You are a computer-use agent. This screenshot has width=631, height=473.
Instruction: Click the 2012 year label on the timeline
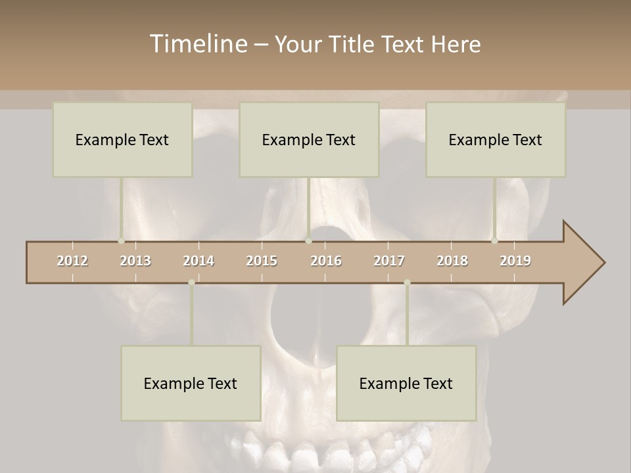click(x=72, y=261)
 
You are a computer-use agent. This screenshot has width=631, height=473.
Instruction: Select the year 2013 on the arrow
click(x=135, y=261)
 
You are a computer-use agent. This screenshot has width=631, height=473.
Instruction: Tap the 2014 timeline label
click(x=199, y=261)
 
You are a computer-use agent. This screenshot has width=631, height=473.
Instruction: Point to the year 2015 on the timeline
click(x=262, y=261)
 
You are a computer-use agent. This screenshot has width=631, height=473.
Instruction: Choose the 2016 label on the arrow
click(x=326, y=261)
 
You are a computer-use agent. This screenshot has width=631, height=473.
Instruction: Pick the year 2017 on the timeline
click(x=389, y=261)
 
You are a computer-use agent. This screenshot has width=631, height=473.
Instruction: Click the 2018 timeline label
click(x=452, y=261)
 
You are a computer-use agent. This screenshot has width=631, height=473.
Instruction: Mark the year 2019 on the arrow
click(x=515, y=261)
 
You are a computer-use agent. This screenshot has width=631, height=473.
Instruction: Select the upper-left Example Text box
click(x=122, y=139)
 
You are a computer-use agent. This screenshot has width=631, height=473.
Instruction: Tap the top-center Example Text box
click(x=309, y=139)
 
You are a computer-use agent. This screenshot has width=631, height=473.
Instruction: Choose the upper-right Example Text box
click(x=496, y=139)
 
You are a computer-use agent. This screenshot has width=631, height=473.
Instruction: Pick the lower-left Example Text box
click(x=191, y=383)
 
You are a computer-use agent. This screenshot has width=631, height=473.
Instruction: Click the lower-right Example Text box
click(x=406, y=383)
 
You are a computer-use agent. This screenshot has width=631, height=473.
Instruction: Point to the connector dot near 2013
click(x=121, y=241)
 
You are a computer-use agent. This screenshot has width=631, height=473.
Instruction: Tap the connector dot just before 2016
click(x=308, y=241)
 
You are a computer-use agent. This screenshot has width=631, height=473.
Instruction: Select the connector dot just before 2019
click(x=494, y=241)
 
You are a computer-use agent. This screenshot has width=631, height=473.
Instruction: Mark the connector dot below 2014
click(x=191, y=282)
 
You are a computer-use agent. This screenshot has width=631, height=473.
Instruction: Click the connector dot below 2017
click(x=407, y=282)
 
